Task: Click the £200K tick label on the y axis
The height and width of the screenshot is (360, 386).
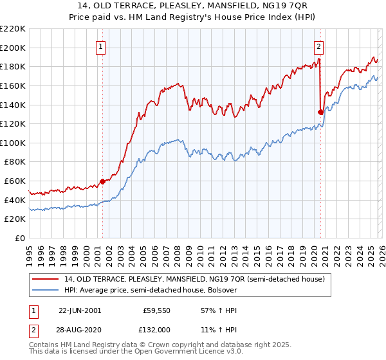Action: tap(13, 48)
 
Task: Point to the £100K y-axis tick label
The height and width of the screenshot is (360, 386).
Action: tap(13, 143)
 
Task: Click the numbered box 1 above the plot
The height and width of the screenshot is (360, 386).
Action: tap(102, 46)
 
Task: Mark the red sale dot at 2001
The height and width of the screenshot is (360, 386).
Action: tap(102, 181)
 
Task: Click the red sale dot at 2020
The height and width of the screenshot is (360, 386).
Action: tap(320, 112)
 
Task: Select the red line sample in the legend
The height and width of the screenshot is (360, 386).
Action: tap(45, 279)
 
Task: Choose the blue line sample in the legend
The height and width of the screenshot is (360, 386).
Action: tap(45, 290)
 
